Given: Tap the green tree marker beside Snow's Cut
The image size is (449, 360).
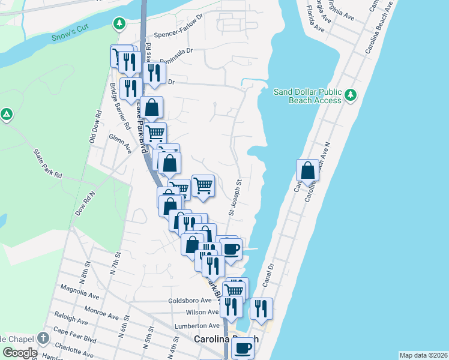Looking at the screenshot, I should click(119, 23).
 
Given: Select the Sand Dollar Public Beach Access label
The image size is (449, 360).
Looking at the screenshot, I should click(307, 96).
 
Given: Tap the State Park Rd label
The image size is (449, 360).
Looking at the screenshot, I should click(47, 164).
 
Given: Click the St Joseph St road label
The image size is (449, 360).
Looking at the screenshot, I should click(235, 196).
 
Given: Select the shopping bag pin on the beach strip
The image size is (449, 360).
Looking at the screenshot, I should click(307, 170).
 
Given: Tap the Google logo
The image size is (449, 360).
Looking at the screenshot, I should click(19, 352).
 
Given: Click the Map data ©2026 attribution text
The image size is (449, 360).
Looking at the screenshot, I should click(423, 355).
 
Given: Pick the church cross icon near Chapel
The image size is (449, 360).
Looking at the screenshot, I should click(43, 338).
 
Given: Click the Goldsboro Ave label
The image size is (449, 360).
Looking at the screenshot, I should click(190, 300).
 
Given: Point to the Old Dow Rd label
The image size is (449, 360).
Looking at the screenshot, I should click(94, 127).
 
